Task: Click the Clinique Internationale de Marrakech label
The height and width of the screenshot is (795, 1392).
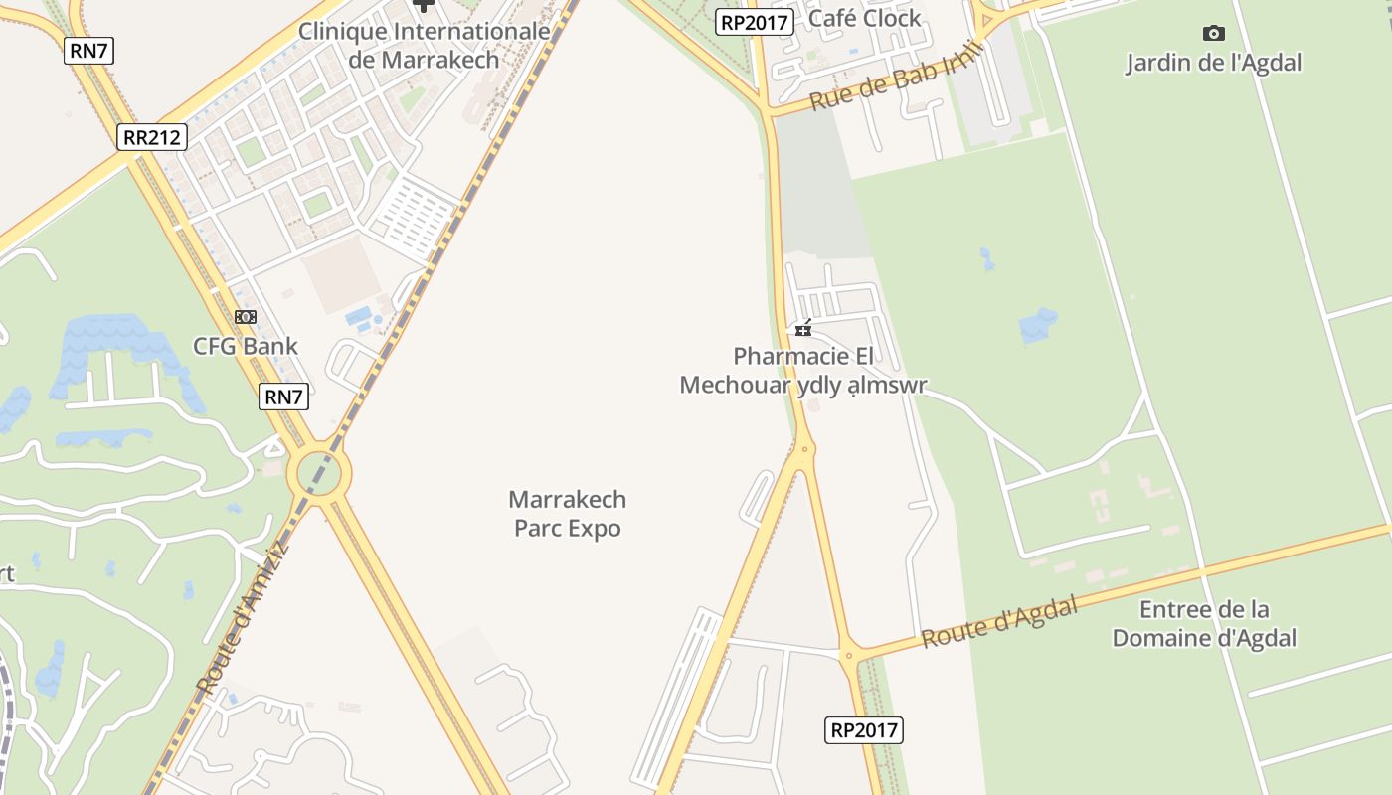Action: [x=425, y=46]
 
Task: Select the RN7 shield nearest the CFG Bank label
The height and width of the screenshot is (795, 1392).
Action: [x=283, y=397]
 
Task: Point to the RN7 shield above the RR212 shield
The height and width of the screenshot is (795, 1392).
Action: [x=89, y=51]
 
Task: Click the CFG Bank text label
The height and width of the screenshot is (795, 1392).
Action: [x=246, y=346]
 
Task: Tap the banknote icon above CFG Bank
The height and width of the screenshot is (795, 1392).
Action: [x=246, y=317]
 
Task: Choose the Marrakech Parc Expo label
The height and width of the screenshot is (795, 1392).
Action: [x=567, y=514]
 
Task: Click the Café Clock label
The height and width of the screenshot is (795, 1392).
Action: [x=865, y=18]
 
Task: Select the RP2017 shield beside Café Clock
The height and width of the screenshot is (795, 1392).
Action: [x=755, y=22]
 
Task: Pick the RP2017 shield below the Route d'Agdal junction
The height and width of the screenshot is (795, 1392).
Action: [x=864, y=730]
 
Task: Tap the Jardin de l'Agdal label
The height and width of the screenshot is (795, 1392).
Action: [x=1213, y=63]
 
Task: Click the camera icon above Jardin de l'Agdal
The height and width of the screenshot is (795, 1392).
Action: [x=1213, y=34]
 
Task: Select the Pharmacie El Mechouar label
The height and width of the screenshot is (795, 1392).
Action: [x=802, y=371]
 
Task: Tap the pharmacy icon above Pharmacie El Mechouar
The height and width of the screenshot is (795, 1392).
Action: [x=803, y=329]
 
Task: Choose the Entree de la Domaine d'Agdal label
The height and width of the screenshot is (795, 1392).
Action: [x=1204, y=623]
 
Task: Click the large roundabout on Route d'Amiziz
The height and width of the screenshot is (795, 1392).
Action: [x=319, y=473]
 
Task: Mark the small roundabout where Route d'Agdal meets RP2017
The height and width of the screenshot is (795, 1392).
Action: [x=849, y=654]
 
